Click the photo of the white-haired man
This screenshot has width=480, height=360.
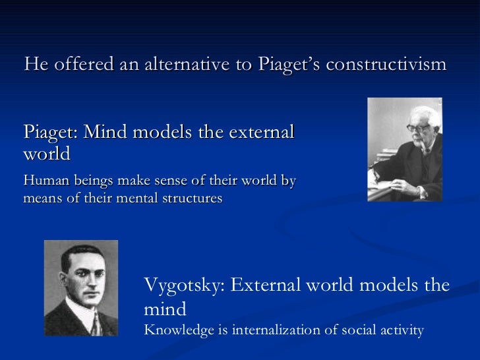click(404, 150)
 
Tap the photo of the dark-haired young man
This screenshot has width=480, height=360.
click(80, 288)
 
